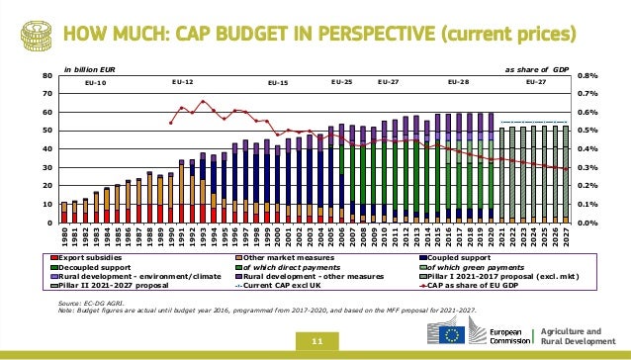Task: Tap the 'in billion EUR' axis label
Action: click(90, 70)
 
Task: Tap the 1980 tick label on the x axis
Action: click(64, 238)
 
